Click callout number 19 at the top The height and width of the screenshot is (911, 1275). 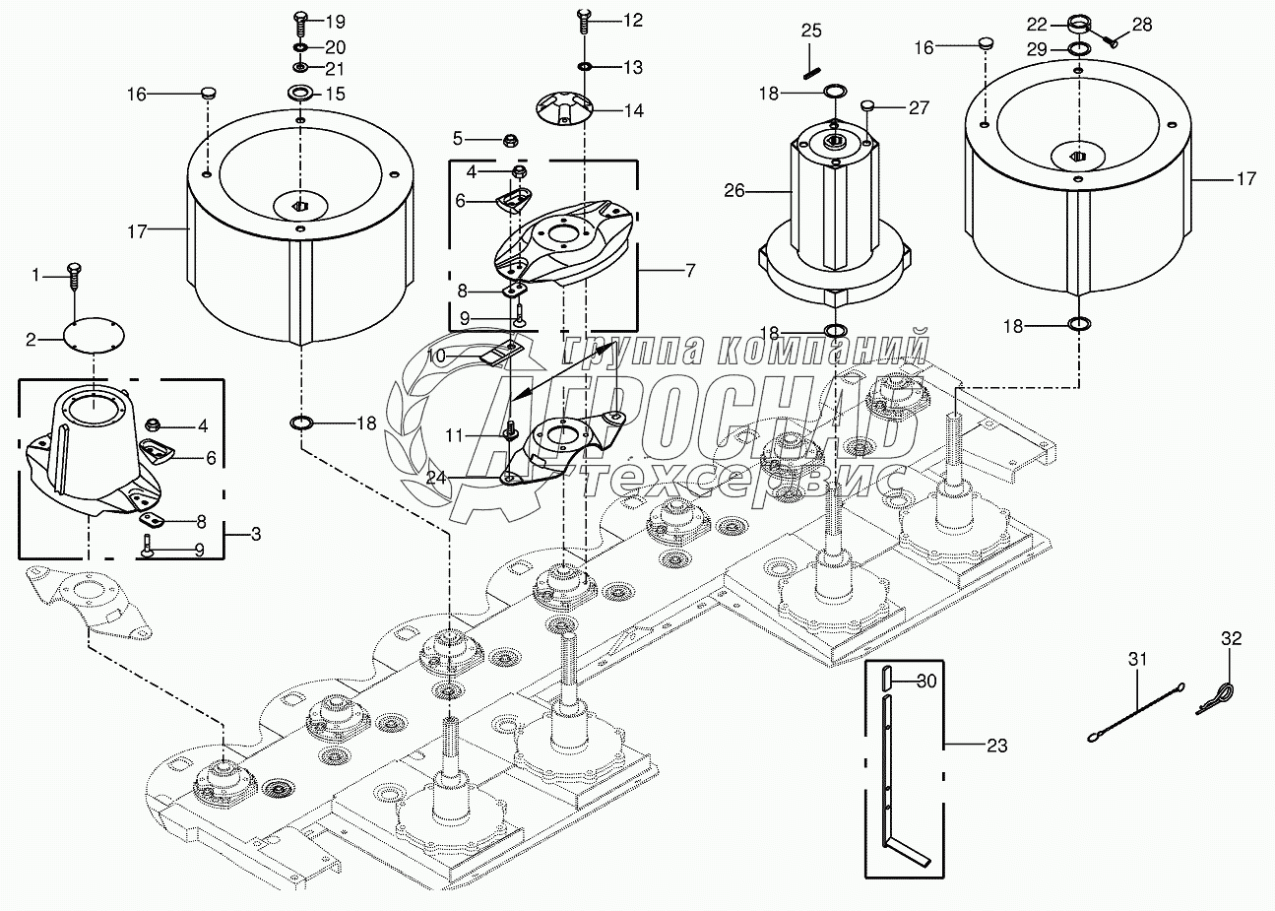point(336,21)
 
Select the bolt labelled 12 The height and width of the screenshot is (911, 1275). point(582,17)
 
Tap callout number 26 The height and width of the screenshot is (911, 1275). point(734,190)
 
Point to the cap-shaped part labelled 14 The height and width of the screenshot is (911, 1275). point(565,108)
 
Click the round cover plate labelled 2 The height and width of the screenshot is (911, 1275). point(94,334)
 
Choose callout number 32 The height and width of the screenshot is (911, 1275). point(1232,639)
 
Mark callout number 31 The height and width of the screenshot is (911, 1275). point(1138,660)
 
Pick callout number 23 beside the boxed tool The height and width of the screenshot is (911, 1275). point(996,746)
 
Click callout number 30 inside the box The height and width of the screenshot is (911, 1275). point(927,680)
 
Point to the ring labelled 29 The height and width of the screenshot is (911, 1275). point(1079,49)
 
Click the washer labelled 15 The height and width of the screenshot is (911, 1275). point(300,95)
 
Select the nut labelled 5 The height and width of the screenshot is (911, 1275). point(511,138)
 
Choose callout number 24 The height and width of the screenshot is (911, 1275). point(436,477)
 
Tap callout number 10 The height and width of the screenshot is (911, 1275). point(436,356)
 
